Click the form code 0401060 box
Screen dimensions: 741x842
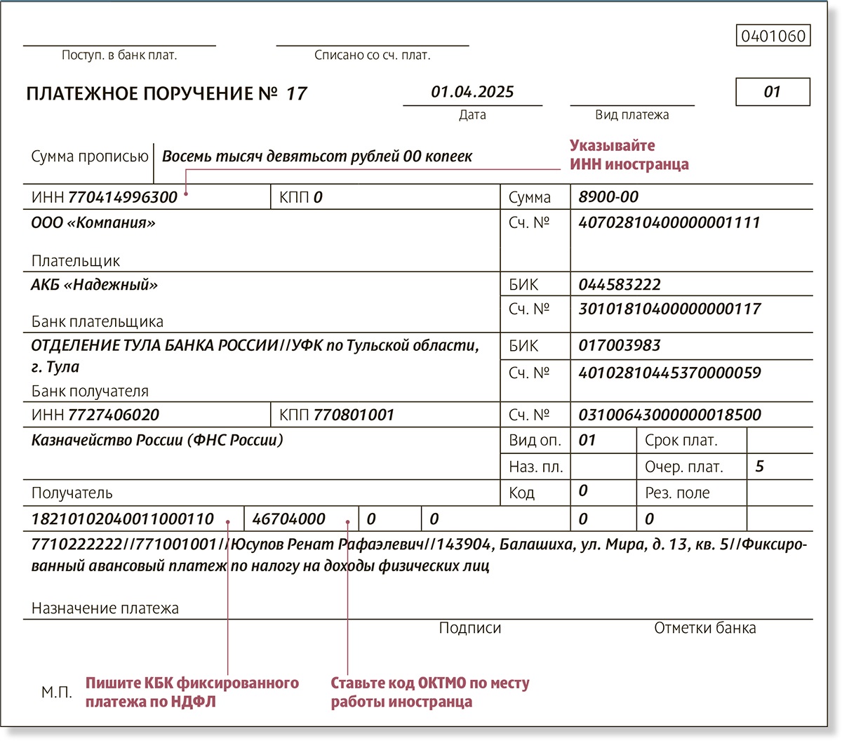pos(773,36)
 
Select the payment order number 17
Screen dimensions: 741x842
pos(296,94)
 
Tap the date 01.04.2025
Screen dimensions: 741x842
pos(472,92)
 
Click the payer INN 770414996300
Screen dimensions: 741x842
pos(122,197)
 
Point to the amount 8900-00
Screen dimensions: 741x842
pos(608,197)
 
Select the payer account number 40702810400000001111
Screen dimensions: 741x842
pos(669,223)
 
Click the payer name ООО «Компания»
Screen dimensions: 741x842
pos(93,223)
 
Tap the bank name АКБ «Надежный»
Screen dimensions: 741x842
pos(94,285)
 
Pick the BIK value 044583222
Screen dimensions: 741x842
pos(620,285)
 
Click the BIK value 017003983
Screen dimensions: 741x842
pos(620,345)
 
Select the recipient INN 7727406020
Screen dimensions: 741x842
pos(113,415)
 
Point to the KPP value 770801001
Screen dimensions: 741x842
pos(354,415)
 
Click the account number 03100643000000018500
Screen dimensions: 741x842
pos(669,415)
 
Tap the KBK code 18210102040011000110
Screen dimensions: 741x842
pos(123,519)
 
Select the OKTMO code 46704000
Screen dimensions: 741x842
pos(288,519)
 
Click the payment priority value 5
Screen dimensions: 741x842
pos(759,467)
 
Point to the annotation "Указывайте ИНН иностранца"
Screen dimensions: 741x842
pos(629,155)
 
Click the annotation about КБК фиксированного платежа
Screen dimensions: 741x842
pos(192,692)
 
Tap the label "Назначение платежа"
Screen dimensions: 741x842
pos(105,608)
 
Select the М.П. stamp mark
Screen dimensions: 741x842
pos(56,693)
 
